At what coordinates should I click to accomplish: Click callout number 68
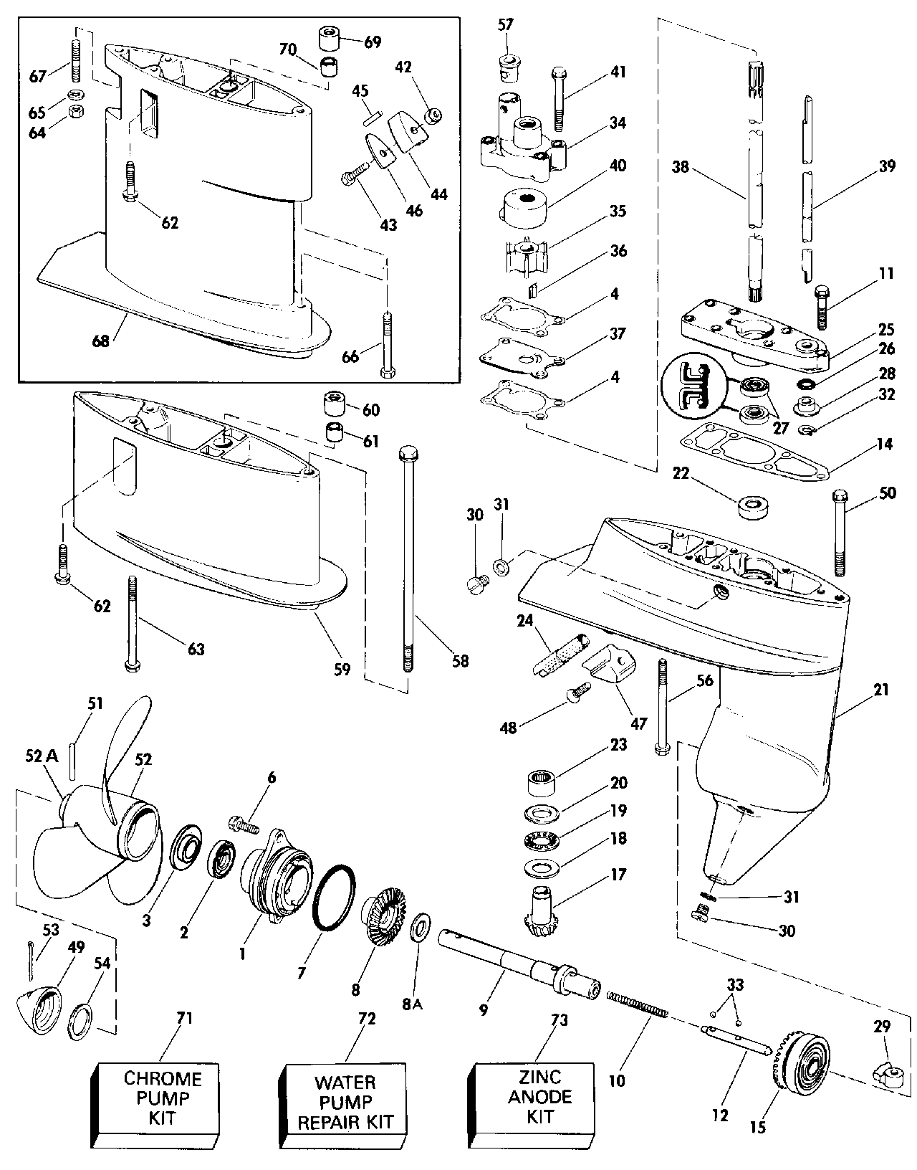point(101,341)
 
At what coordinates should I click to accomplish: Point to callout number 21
point(880,690)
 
